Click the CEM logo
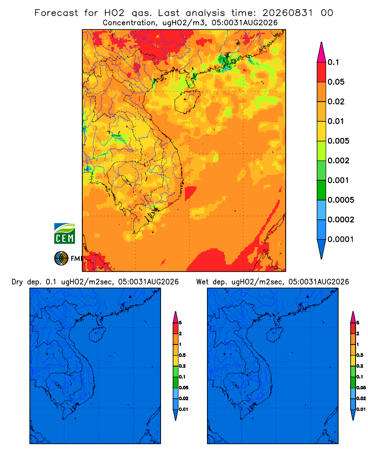point(64,234)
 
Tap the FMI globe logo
point(61,258)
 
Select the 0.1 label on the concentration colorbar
point(333,62)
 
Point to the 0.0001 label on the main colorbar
point(341,239)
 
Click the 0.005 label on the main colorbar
point(339,141)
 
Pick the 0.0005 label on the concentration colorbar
point(341,200)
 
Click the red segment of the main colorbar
point(322,72)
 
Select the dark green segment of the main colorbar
point(322,190)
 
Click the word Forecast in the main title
point(56,13)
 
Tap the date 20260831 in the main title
point(287,13)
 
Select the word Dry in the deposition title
point(17,282)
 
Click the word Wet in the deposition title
point(202,282)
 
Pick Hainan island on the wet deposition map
point(275,334)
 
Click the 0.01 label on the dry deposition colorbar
point(184,409)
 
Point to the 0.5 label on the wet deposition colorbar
point(360,355)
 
